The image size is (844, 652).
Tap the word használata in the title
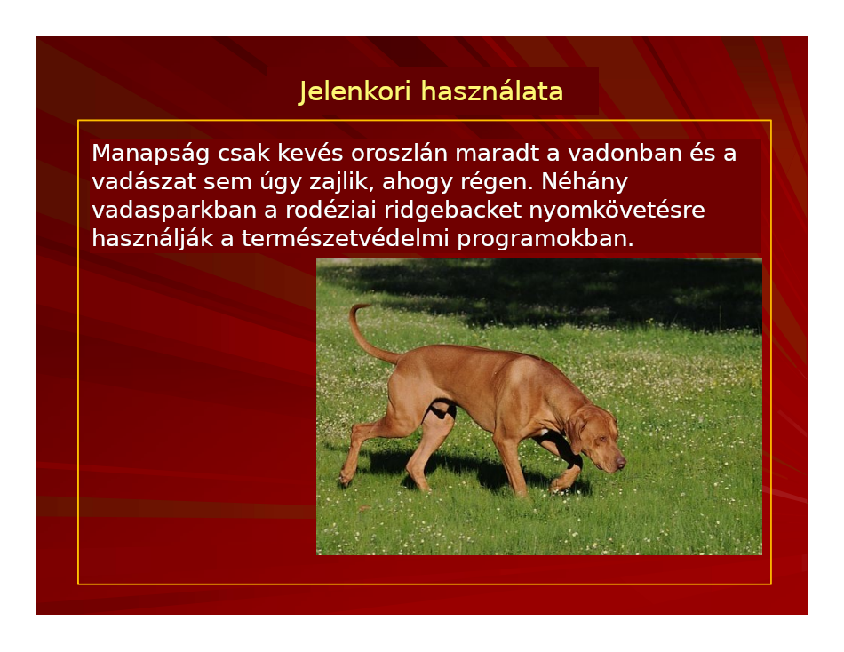point(492,91)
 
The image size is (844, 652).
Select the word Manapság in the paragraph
point(151,154)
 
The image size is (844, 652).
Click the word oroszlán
point(400,154)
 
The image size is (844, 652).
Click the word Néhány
point(585,182)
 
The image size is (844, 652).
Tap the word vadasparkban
point(174,211)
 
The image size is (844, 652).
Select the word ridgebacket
point(452,211)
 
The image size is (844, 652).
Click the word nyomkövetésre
point(617,211)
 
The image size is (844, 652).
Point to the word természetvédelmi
point(345,239)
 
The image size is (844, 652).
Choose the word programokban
point(545,239)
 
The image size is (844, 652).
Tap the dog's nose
point(621,462)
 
